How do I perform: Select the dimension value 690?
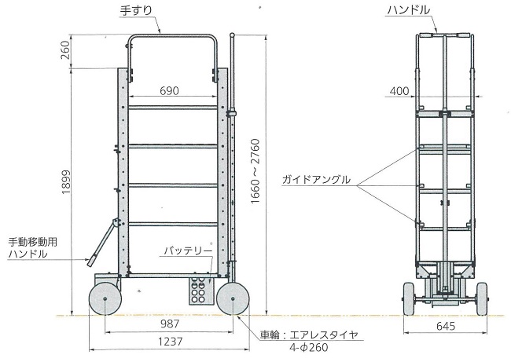tap(169, 90)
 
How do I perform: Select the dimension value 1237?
tap(167, 342)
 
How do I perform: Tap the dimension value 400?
tap(399, 92)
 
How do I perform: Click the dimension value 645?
tap(446, 324)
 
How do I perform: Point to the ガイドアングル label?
tap(317, 180)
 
